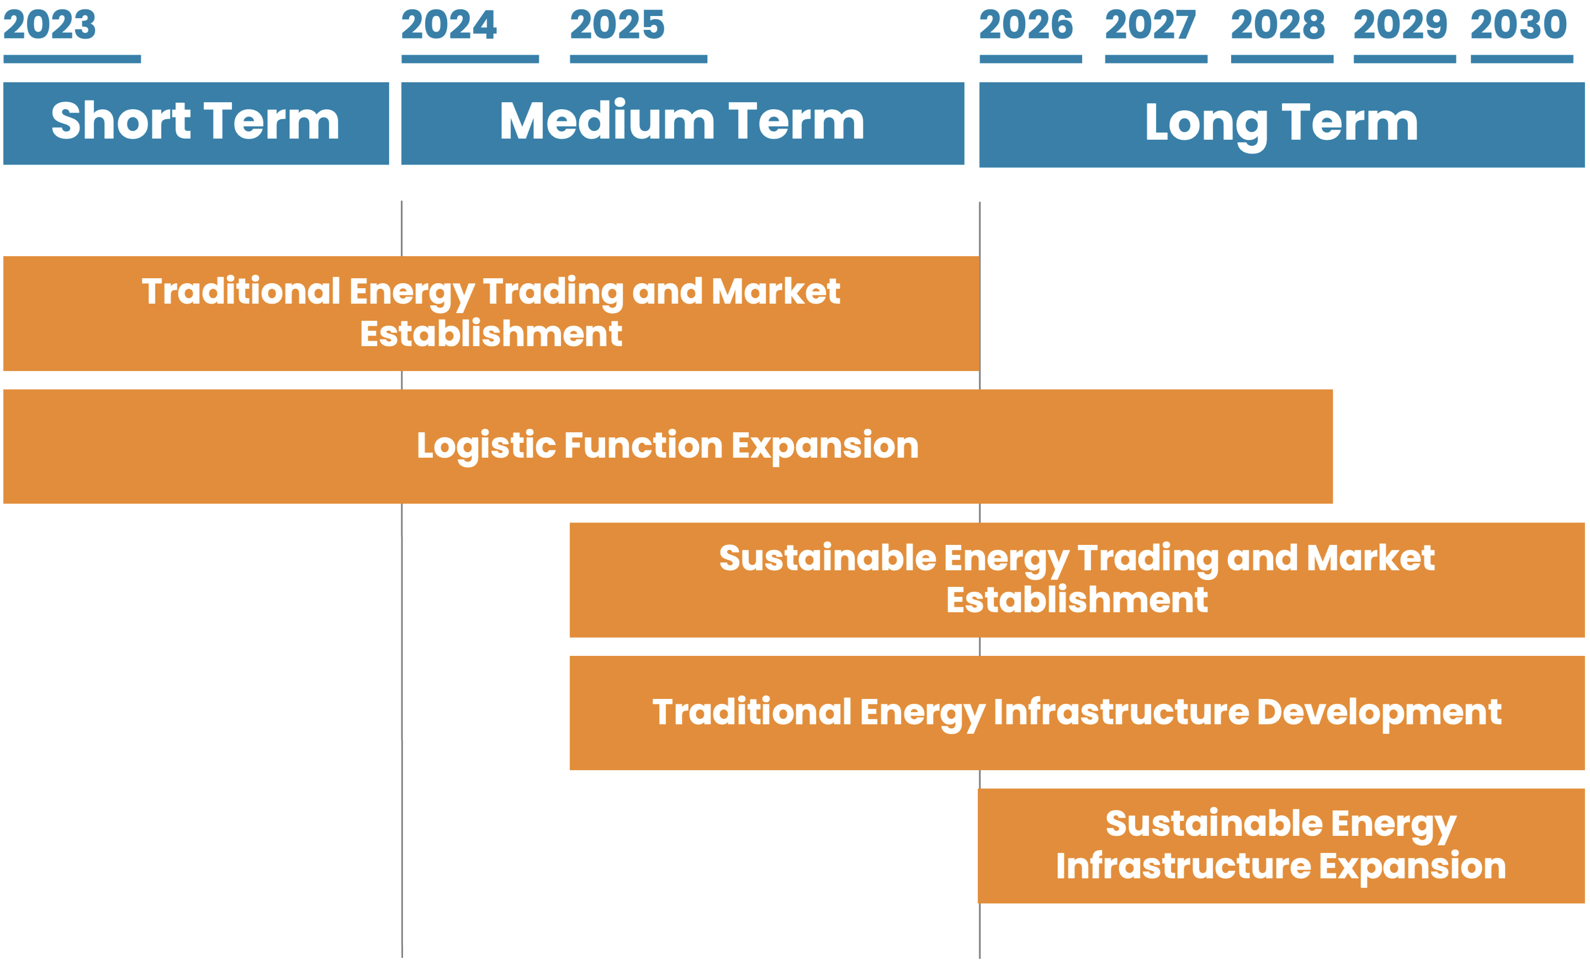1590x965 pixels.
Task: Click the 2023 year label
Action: (x=50, y=24)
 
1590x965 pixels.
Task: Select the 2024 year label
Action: (x=449, y=24)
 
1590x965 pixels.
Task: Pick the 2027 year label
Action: (x=1151, y=24)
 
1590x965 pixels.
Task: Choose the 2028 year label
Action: (x=1278, y=24)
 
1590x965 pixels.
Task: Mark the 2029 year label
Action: (x=1400, y=24)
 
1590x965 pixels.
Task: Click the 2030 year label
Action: (x=1519, y=24)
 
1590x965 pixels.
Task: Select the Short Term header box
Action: (x=196, y=123)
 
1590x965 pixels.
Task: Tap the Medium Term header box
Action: (x=683, y=123)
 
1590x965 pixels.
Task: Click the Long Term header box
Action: (x=1281, y=125)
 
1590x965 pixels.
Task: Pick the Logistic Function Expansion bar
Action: (x=668, y=447)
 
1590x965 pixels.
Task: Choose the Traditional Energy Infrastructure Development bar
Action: (x=1077, y=713)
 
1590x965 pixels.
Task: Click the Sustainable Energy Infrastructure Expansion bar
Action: (x=1281, y=846)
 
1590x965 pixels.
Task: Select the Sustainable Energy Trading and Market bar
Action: (x=1077, y=580)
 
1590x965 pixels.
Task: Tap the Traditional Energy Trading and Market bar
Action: (x=491, y=314)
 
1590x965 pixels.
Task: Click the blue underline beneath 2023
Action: (x=72, y=59)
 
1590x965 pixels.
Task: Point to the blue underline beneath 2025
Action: (x=638, y=59)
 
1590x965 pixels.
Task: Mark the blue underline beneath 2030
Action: (x=1522, y=59)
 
